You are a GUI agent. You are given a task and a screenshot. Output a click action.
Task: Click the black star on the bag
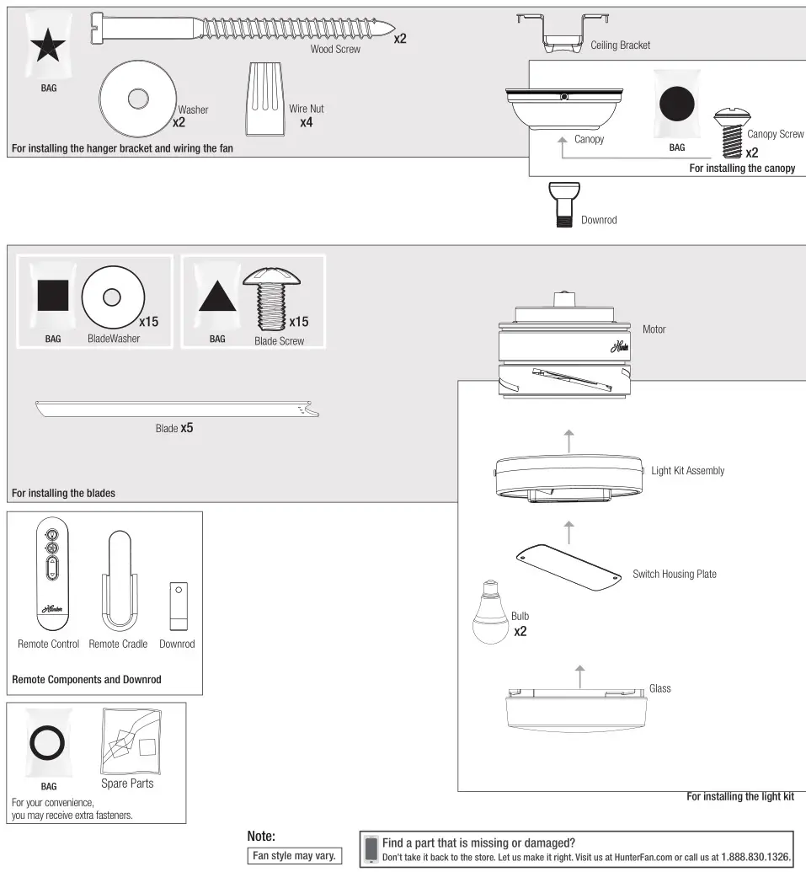tap(49, 48)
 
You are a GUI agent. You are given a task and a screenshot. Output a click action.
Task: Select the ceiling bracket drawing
tap(563, 33)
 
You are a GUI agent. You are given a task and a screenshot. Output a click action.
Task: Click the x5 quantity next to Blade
tap(187, 428)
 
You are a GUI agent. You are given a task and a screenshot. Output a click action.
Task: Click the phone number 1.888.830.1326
tap(755, 857)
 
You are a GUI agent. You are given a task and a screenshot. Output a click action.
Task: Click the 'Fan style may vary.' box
tap(294, 856)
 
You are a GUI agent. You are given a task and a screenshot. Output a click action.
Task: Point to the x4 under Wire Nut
tap(307, 122)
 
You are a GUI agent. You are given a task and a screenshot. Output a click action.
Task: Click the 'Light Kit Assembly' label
tap(687, 470)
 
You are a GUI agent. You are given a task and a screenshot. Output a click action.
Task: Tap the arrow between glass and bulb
tap(579, 673)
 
